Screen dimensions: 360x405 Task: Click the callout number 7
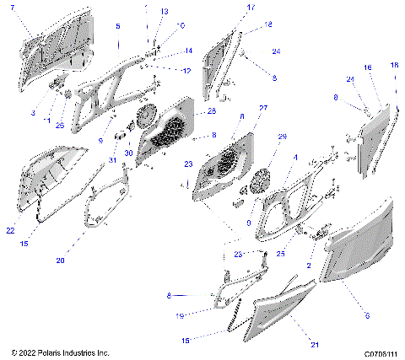pos(12,8)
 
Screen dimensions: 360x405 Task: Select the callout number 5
pos(117,27)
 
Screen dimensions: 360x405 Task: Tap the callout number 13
pos(165,12)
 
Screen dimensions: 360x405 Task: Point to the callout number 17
pos(251,8)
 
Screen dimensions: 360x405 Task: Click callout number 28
pos(211,111)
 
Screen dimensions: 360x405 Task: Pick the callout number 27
pos(262,108)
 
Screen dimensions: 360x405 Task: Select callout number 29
pos(283,137)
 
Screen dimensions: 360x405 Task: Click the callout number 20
pos(60,261)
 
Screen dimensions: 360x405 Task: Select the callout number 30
pos(129,153)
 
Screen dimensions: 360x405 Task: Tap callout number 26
pos(60,126)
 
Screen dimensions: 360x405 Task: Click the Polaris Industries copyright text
pos(56,352)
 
